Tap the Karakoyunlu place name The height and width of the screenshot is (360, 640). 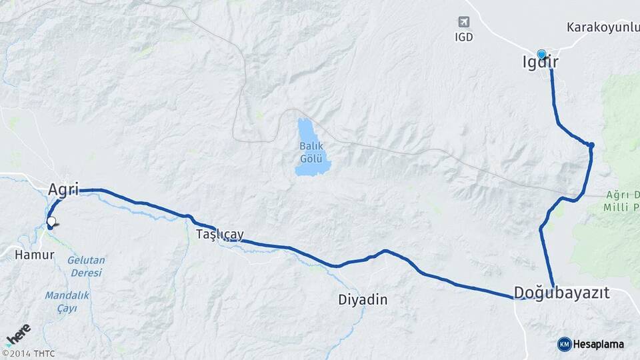pyautogui.click(x=603, y=27)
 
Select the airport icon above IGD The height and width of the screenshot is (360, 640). pyautogui.click(x=464, y=23)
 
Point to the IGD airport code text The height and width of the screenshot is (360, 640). pyautogui.click(x=464, y=37)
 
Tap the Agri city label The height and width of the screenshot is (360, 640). pyautogui.click(x=63, y=190)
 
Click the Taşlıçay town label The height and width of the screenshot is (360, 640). pyautogui.click(x=220, y=235)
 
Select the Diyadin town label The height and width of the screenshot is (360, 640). pyautogui.click(x=363, y=300)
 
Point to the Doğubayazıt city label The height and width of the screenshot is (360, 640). pyautogui.click(x=561, y=292)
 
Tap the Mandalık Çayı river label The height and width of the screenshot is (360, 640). pyautogui.click(x=67, y=301)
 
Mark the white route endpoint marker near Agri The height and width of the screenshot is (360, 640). pyautogui.click(x=51, y=221)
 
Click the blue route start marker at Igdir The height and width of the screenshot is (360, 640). pyautogui.click(x=541, y=55)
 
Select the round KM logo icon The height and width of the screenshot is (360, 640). pyautogui.click(x=565, y=344)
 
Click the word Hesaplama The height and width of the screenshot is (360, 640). pyautogui.click(x=599, y=344)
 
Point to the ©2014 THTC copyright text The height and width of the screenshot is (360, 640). pyautogui.click(x=29, y=353)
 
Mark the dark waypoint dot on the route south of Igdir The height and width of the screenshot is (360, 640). pyautogui.click(x=591, y=145)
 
